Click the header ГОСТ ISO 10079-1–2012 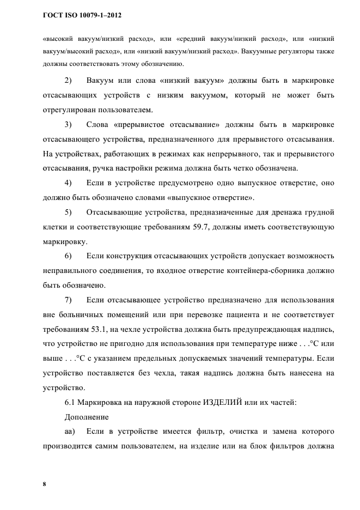click(x=82, y=16)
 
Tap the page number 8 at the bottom click(x=44, y=483)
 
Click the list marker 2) click(x=69, y=81)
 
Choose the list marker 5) click(x=69, y=211)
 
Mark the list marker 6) click(x=69, y=255)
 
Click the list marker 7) click(x=69, y=299)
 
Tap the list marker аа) click(x=70, y=432)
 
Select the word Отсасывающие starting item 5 click(x=115, y=211)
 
